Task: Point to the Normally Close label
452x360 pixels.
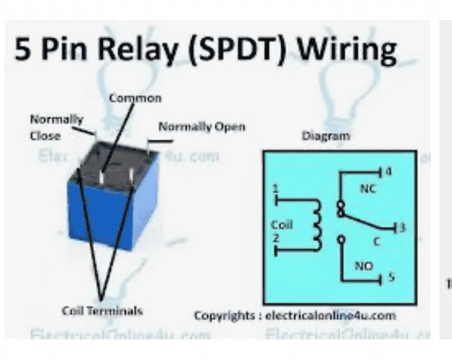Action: coord(46,126)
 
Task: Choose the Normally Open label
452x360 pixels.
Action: coord(202,126)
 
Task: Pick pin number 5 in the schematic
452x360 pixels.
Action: coord(391,279)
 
